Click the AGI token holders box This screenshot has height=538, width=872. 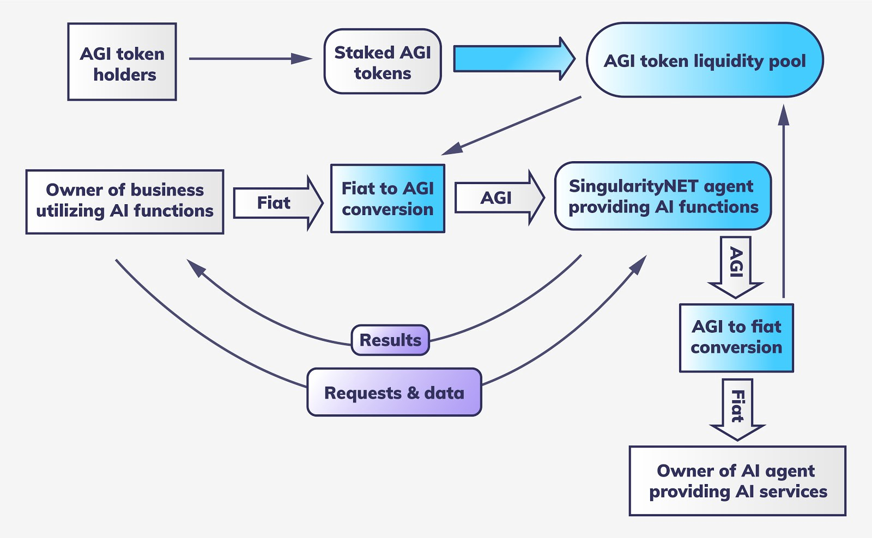(x=122, y=62)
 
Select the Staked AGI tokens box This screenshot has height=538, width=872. (x=382, y=62)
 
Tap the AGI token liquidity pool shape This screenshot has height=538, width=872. (x=704, y=60)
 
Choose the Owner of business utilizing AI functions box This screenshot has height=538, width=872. (x=124, y=201)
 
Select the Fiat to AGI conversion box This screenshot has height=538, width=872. (x=387, y=199)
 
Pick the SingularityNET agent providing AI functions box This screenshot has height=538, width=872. (x=663, y=196)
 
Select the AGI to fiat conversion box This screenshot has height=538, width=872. (x=736, y=338)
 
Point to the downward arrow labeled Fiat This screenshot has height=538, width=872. (x=737, y=408)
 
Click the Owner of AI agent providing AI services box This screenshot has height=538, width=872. (x=737, y=481)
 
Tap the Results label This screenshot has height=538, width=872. (x=390, y=340)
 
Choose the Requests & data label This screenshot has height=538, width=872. (x=394, y=393)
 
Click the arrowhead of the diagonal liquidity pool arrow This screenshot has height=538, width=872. (x=451, y=149)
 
